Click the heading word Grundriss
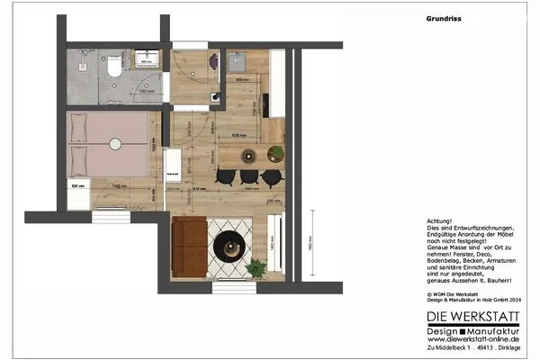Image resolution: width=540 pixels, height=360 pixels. (444, 17)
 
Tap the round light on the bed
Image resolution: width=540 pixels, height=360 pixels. (113, 141)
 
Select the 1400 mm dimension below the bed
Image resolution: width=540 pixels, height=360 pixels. (117, 185)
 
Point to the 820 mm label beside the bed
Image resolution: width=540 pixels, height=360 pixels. (78, 185)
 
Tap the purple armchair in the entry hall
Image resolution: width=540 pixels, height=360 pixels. (212, 61)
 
